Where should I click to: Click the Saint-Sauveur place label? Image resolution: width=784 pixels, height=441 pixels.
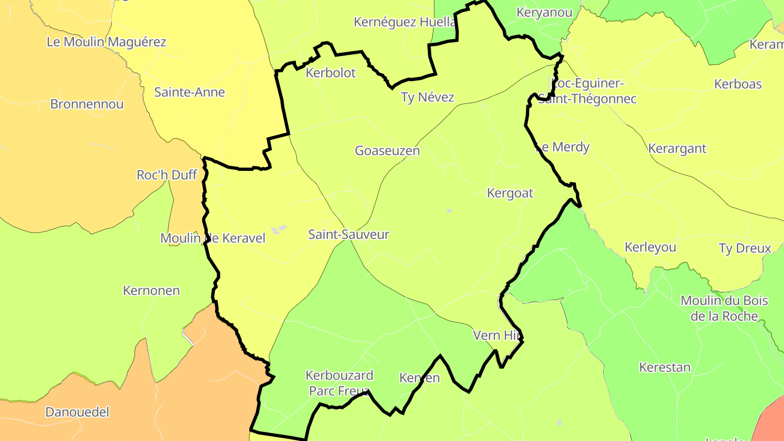[349, 235]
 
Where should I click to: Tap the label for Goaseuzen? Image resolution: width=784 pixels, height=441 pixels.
[387, 151]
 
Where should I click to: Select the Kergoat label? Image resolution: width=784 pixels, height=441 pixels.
[510, 193]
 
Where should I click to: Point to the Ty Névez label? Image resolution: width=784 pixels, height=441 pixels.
[427, 97]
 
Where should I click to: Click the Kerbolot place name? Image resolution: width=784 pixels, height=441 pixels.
[330, 73]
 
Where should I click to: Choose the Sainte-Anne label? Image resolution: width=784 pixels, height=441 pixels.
[189, 92]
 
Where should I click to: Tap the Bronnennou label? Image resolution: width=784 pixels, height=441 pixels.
[87, 104]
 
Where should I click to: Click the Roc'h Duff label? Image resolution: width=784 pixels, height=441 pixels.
[167, 175]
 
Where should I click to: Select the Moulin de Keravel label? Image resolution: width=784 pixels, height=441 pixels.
[213, 238]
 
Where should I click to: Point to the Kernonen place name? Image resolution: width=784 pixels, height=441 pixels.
[151, 291]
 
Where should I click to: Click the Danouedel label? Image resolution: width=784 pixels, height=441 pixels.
[77, 412]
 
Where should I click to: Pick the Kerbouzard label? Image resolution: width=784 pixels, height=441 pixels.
[339, 375]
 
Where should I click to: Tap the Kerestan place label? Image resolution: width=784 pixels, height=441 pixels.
[665, 367]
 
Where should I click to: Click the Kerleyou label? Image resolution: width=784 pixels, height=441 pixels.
[651, 247]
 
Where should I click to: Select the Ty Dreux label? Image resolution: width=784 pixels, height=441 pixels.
[745, 249]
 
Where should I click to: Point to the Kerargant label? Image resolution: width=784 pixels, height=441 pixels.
[677, 148]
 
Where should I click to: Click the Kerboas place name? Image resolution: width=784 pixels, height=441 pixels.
[738, 84]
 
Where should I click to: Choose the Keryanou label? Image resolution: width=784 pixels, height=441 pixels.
[544, 13]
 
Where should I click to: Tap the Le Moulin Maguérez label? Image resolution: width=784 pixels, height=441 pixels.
[107, 42]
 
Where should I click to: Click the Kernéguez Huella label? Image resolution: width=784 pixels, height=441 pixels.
[405, 22]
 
